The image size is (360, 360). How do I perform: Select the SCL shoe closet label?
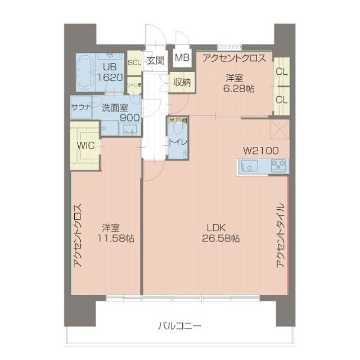click(x=134, y=62)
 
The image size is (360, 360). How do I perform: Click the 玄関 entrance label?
click(x=155, y=62)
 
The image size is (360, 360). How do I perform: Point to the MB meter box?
click(x=182, y=57)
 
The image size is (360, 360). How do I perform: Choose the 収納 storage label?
click(x=182, y=82)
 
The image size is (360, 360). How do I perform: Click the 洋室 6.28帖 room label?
click(x=235, y=83)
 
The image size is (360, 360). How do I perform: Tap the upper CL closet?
click(x=281, y=72)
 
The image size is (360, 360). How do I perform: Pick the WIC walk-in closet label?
click(x=85, y=145)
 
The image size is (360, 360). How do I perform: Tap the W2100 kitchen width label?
click(x=260, y=150)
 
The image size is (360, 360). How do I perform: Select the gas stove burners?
click(x=278, y=165)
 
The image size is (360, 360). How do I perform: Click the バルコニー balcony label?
click(x=179, y=326)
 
